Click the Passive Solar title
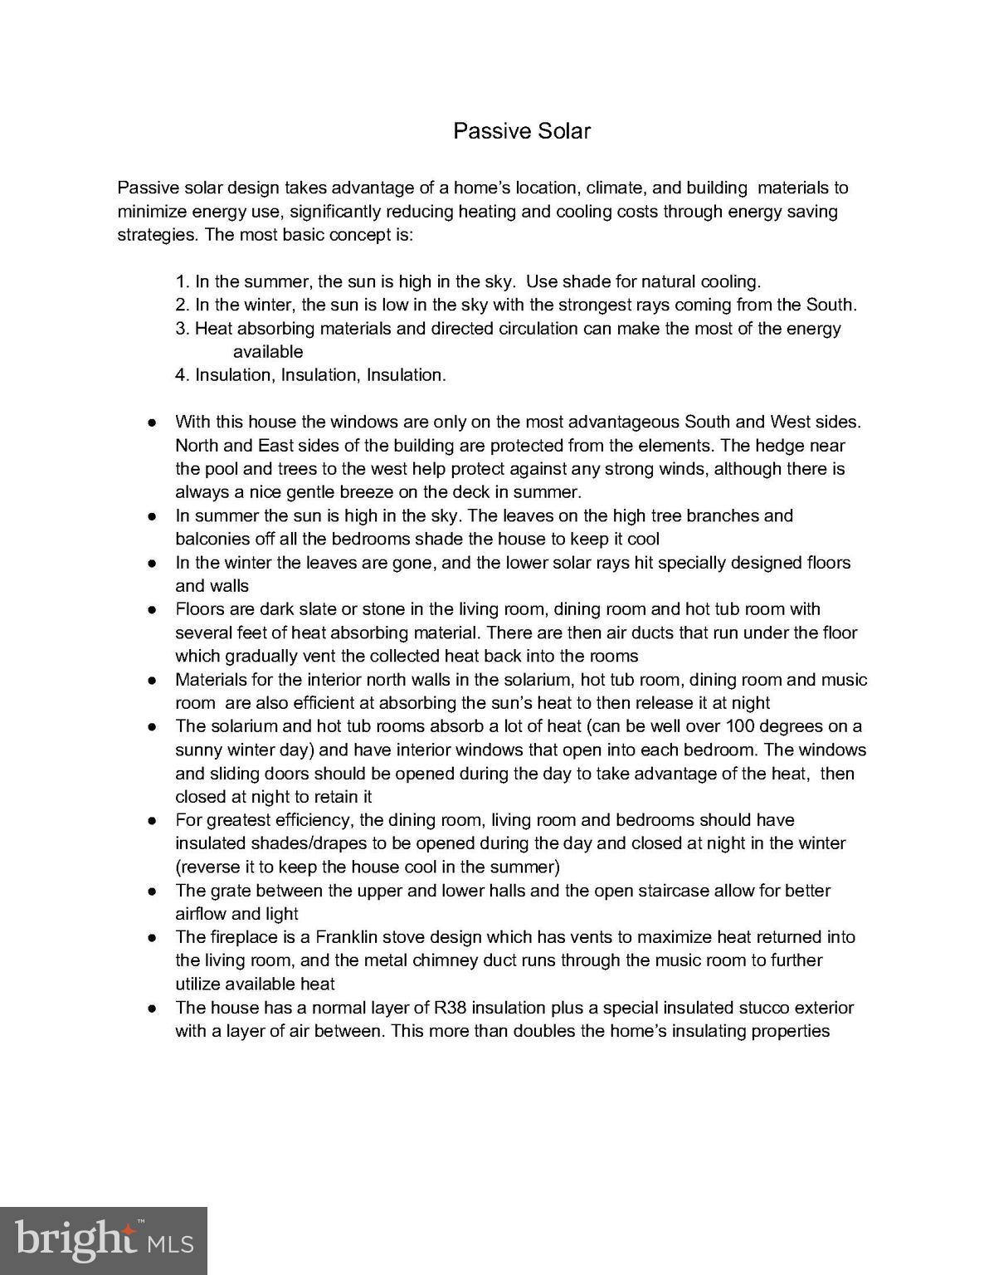[x=521, y=131]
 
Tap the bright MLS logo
[x=104, y=1240]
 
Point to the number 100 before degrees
[x=741, y=726]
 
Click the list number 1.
[x=182, y=281]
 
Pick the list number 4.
[x=182, y=375]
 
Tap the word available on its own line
[x=268, y=352]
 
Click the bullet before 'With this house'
[x=153, y=423]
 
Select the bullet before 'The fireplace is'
[x=153, y=938]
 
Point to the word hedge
[x=780, y=446]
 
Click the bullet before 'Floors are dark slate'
[x=153, y=610]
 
